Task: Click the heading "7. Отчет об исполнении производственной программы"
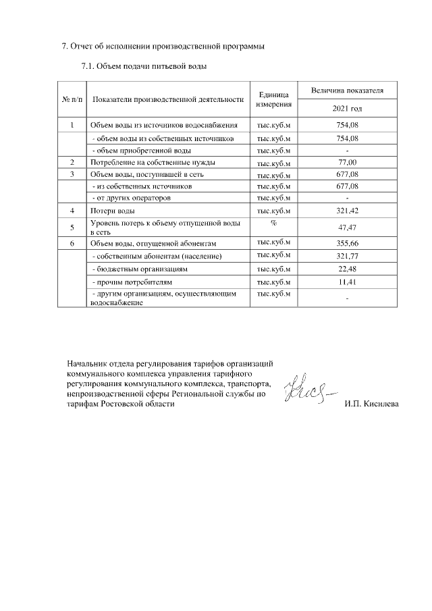click(159, 47)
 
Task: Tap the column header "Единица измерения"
click(273, 99)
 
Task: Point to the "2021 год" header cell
click(347, 109)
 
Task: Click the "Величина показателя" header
click(347, 90)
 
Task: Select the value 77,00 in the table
click(347, 162)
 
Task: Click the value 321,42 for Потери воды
click(347, 211)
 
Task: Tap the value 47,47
click(347, 228)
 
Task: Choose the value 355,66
click(347, 244)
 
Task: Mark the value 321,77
click(347, 257)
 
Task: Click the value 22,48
click(347, 269)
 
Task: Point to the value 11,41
click(347, 281)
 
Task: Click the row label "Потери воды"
click(108, 211)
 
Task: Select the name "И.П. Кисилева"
click(371, 404)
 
